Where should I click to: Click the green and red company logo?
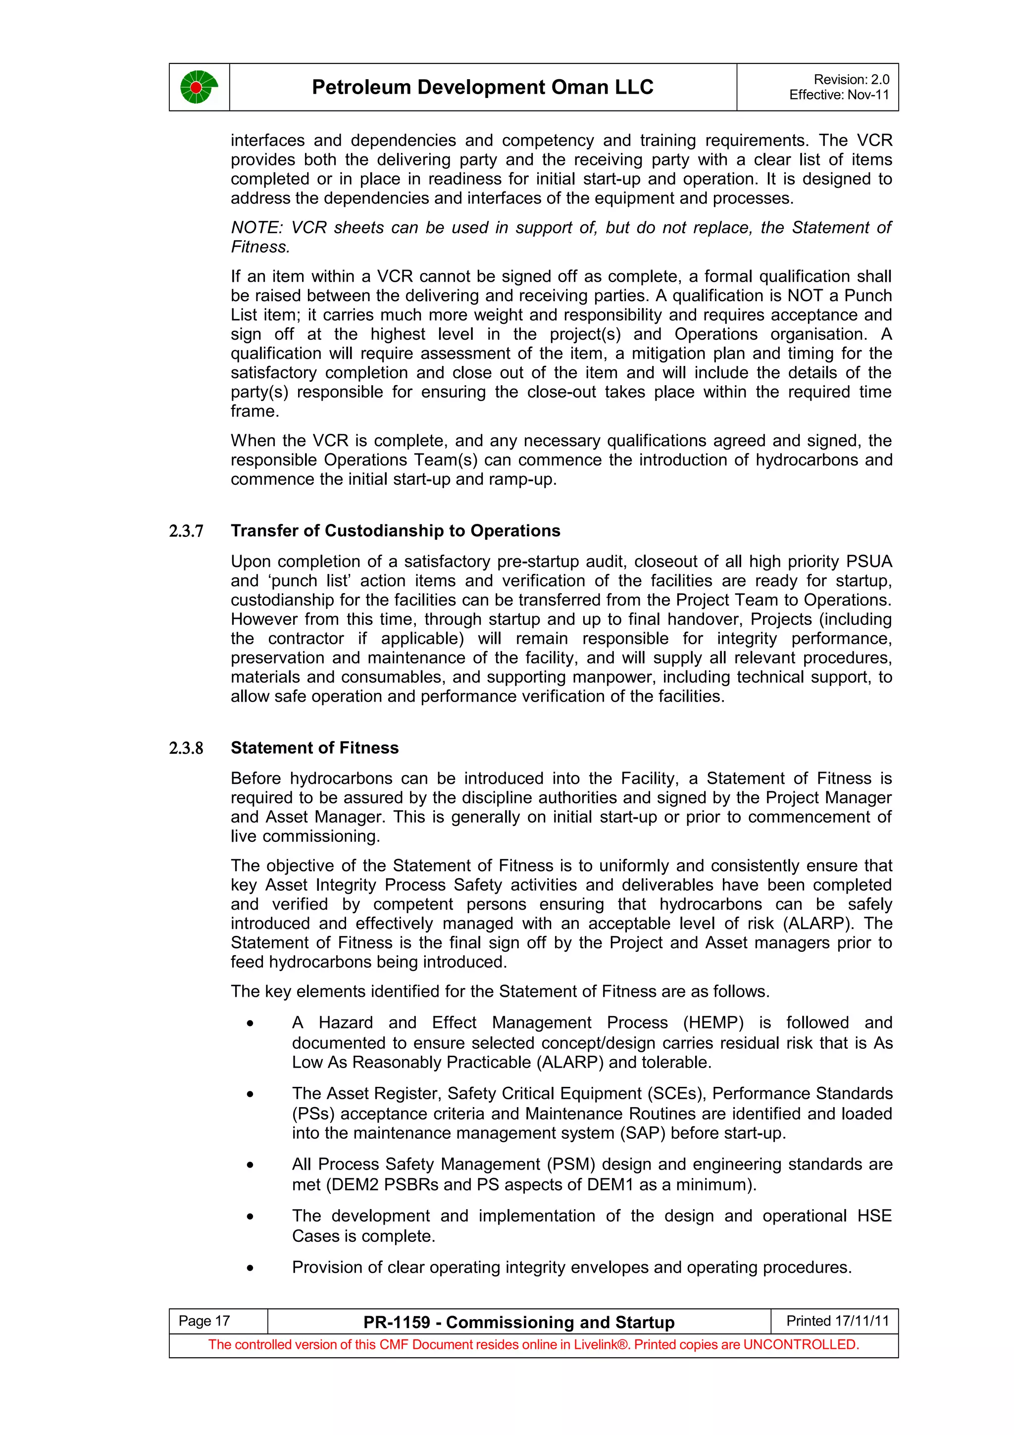(199, 87)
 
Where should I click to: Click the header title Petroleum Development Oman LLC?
(482, 87)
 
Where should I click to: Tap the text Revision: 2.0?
(851, 79)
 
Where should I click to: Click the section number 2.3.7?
(186, 531)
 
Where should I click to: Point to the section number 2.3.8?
(186, 748)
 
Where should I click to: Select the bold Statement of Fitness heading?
(314, 748)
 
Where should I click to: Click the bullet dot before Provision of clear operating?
(250, 1268)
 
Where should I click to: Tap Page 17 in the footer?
(204, 1321)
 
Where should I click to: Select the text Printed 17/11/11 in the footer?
(837, 1321)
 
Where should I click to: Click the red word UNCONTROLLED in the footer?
(799, 1344)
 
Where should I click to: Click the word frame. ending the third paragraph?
(254, 411)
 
